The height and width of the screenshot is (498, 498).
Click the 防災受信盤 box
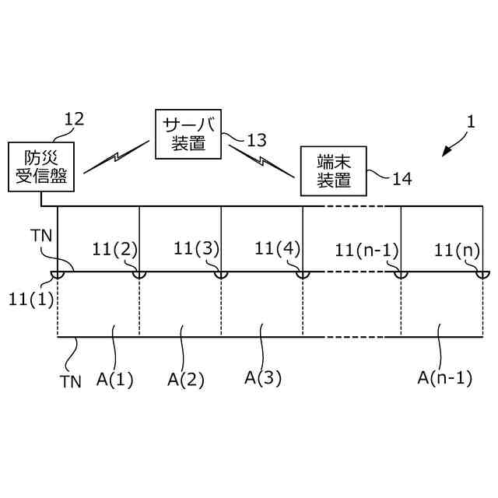click(40, 167)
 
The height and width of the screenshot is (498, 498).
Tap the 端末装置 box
click(333, 171)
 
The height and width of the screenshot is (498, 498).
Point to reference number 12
click(74, 119)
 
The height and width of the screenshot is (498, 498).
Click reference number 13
click(256, 141)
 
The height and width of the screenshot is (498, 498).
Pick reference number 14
click(402, 179)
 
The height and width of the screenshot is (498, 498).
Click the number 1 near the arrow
click(470, 122)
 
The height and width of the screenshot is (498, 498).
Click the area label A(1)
click(115, 380)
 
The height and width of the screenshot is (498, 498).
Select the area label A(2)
click(187, 380)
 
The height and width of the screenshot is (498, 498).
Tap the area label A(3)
click(263, 378)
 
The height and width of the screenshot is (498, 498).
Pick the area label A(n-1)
click(445, 378)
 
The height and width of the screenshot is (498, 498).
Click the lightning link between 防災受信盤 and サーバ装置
click(116, 156)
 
